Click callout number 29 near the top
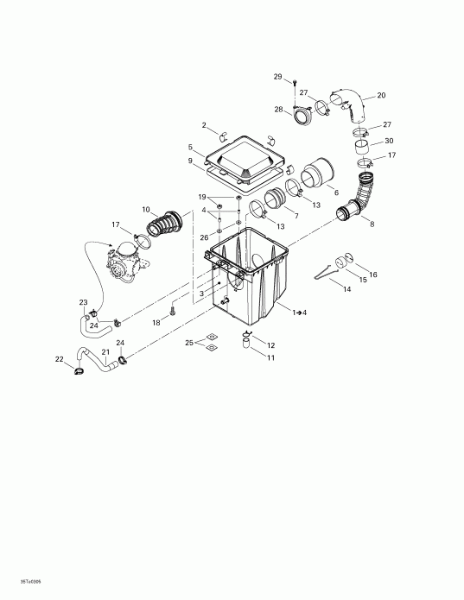pyautogui.click(x=278, y=78)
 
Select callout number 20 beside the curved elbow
pyautogui.click(x=381, y=95)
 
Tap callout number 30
pyautogui.click(x=389, y=141)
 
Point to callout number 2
pyautogui.click(x=204, y=125)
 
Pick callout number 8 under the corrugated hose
pyautogui.click(x=372, y=224)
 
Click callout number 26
pyautogui.click(x=204, y=237)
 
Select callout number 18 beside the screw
pyautogui.click(x=156, y=322)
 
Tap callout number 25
pyautogui.click(x=188, y=343)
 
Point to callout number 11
pyautogui.click(x=270, y=357)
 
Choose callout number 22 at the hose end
pyautogui.click(x=60, y=359)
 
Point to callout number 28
pyautogui.click(x=278, y=109)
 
